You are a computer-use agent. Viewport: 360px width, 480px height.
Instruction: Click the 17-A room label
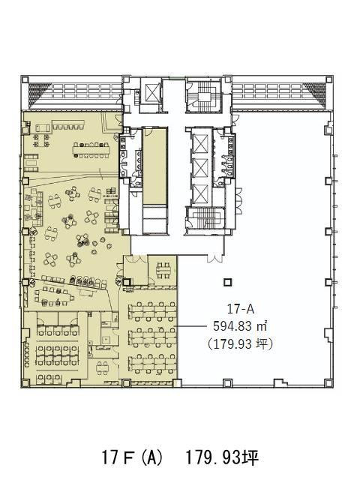coord(240,309)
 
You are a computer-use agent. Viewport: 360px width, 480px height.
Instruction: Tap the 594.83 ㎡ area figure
coord(240,326)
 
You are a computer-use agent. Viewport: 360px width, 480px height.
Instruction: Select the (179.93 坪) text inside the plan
coord(240,343)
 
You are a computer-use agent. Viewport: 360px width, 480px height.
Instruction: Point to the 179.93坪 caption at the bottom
coord(222,458)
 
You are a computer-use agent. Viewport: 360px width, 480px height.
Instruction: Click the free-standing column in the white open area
coord(227,282)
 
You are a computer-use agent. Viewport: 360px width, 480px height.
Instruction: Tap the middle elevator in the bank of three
coord(201,168)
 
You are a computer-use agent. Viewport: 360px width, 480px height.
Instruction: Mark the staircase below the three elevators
coord(205,218)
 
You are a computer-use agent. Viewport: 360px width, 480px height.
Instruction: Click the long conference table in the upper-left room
coord(91,150)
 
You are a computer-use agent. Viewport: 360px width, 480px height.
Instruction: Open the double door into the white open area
coord(215,258)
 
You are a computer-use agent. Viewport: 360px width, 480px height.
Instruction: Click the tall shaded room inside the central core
coord(155,166)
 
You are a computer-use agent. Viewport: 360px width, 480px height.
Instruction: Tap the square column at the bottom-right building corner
coord(328,383)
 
